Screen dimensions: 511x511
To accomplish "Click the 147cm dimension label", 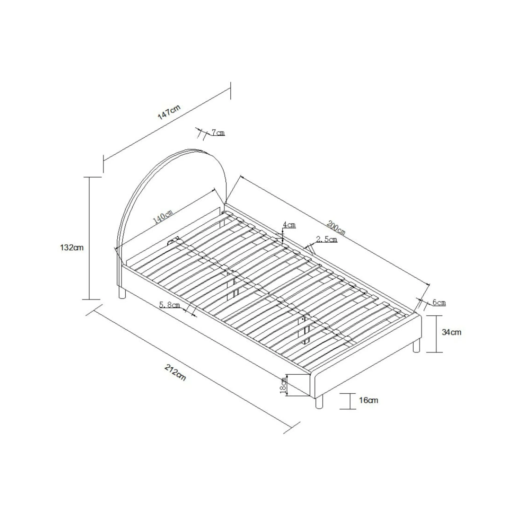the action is click(169, 112).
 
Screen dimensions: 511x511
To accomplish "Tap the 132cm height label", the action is click(72, 248).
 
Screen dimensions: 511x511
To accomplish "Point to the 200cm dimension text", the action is click(336, 228).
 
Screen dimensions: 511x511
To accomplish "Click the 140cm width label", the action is click(163, 217).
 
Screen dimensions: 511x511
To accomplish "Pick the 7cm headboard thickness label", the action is click(218, 133).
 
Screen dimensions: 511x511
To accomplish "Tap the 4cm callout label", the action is click(289, 225).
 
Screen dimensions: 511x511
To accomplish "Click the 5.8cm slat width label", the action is click(170, 305).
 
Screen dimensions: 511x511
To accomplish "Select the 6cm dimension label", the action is click(439, 302).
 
